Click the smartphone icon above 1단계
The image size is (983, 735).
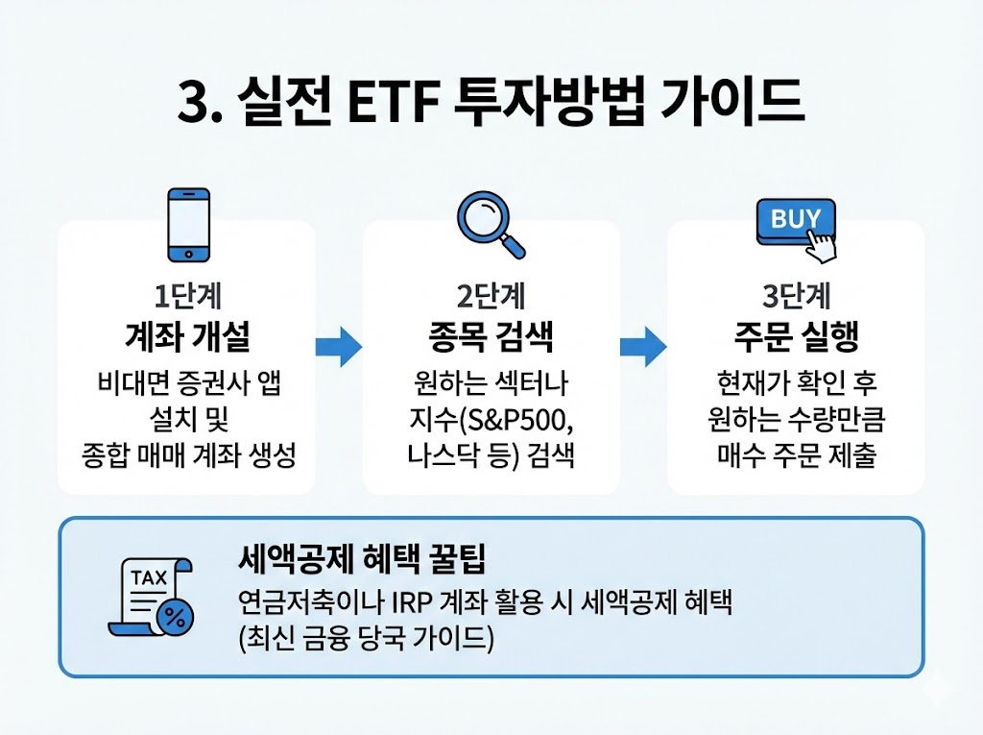188,223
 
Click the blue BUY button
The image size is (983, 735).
796,220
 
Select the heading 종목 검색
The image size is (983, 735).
491,337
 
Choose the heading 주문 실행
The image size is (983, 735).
795,337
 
